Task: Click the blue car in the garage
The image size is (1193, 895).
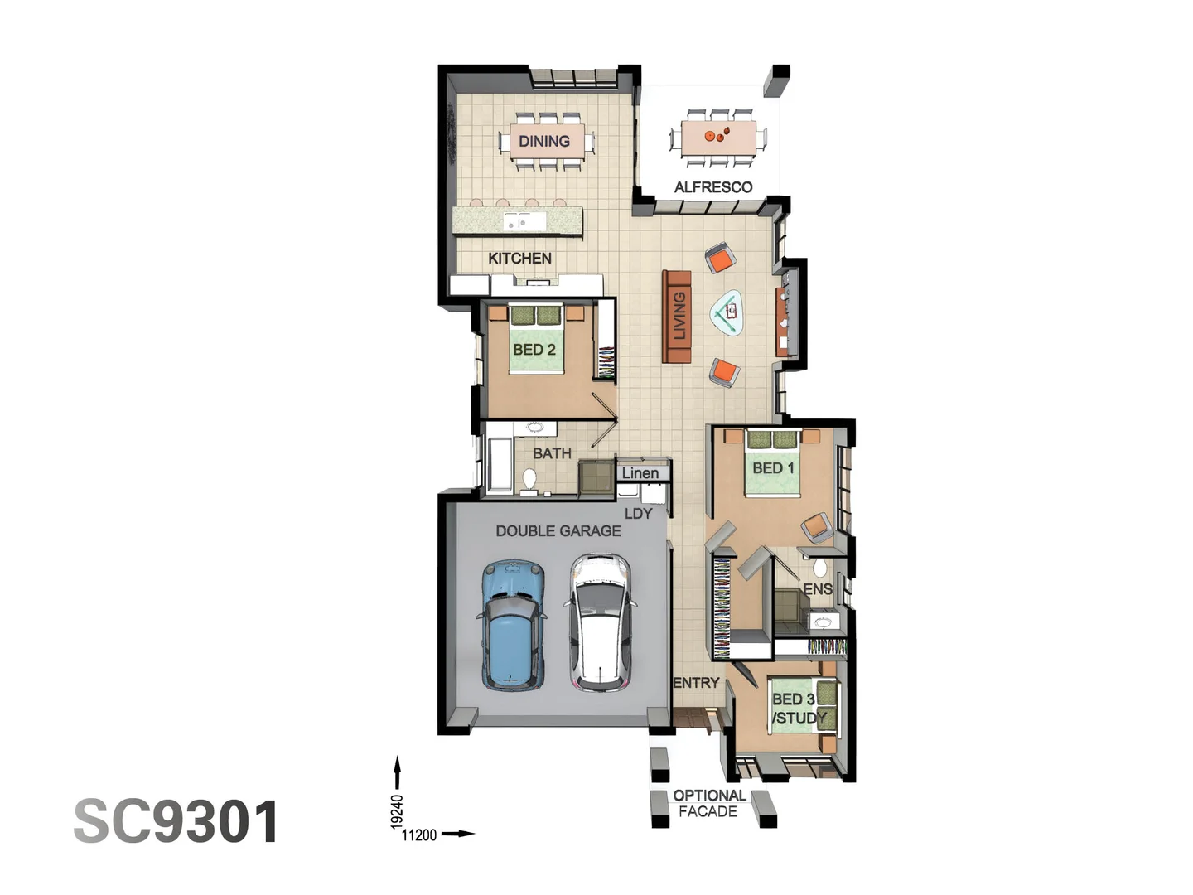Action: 513,625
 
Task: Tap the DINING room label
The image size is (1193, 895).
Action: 544,141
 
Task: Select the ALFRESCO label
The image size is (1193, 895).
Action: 713,187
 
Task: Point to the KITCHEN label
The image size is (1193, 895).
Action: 519,259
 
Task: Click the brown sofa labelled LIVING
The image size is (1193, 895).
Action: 677,317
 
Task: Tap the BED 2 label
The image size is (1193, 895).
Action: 534,350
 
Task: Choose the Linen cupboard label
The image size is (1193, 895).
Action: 640,473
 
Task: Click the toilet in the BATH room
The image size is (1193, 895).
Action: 529,479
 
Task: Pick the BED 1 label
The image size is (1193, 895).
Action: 773,468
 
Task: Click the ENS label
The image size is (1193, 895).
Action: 817,589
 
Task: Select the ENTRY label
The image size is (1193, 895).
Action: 696,683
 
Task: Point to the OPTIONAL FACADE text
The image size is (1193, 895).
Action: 708,803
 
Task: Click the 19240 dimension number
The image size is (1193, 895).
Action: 397,811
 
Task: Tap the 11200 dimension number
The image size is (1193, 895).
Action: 419,835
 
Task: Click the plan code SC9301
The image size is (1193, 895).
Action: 176,822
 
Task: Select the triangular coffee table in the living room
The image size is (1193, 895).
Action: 728,313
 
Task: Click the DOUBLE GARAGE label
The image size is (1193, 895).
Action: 558,531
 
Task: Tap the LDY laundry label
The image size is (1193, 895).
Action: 638,514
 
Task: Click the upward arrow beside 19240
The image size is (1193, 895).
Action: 398,772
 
